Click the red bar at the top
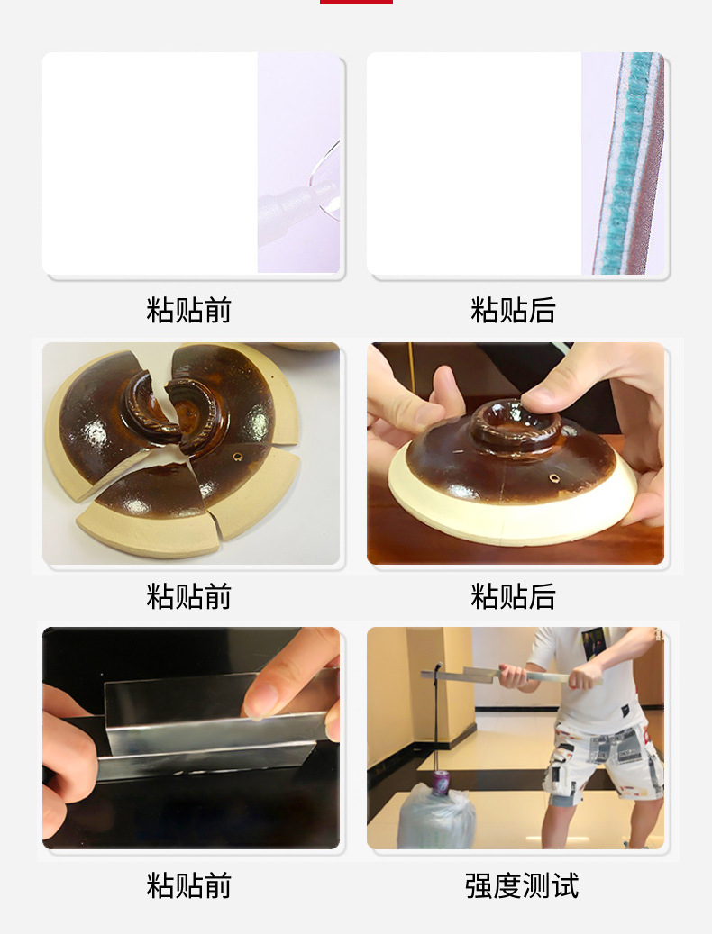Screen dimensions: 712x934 [x=356, y=2]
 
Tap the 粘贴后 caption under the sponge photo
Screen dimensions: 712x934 [x=513, y=310]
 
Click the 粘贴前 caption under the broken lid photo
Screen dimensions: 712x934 [x=189, y=596]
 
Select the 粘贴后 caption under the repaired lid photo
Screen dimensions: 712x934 [x=513, y=596]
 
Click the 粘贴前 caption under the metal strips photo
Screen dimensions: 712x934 [x=189, y=885]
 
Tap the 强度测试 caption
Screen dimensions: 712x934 [x=522, y=885]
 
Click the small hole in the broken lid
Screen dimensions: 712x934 [x=237, y=457]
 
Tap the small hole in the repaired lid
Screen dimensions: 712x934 [x=554, y=477]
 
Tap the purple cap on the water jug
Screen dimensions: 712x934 [x=441, y=783]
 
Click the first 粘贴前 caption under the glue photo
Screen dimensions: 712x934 [x=189, y=310]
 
